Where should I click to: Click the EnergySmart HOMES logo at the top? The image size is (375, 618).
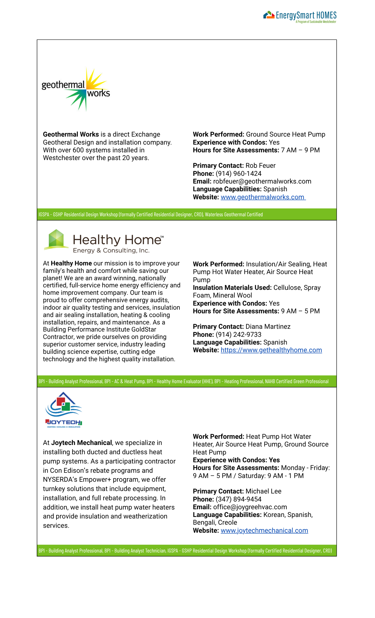[x=300, y=16]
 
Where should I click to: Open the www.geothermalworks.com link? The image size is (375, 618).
[x=263, y=197]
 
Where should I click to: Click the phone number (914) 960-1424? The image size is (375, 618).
[x=238, y=174]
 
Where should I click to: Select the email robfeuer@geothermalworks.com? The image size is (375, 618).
[x=262, y=181]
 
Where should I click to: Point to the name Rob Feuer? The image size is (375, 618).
[x=260, y=166]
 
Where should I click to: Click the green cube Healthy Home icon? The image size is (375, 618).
[x=56, y=239]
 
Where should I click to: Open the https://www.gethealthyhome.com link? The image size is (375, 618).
[x=271, y=350]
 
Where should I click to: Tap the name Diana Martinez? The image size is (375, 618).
[x=268, y=327]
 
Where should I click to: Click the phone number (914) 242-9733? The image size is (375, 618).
[x=238, y=335]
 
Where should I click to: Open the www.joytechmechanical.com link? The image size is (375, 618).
[x=264, y=531]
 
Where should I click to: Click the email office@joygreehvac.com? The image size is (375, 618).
[x=250, y=507]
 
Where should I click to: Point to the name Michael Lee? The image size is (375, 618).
[x=263, y=491]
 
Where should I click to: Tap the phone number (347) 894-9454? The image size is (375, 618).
[x=238, y=499]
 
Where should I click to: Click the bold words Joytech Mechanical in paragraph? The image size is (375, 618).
[x=82, y=443]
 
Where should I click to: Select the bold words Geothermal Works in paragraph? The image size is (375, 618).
[x=71, y=134]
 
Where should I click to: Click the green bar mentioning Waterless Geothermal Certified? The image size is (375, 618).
[x=187, y=214]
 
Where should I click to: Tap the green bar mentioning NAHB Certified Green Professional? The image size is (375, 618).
[x=187, y=381]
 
